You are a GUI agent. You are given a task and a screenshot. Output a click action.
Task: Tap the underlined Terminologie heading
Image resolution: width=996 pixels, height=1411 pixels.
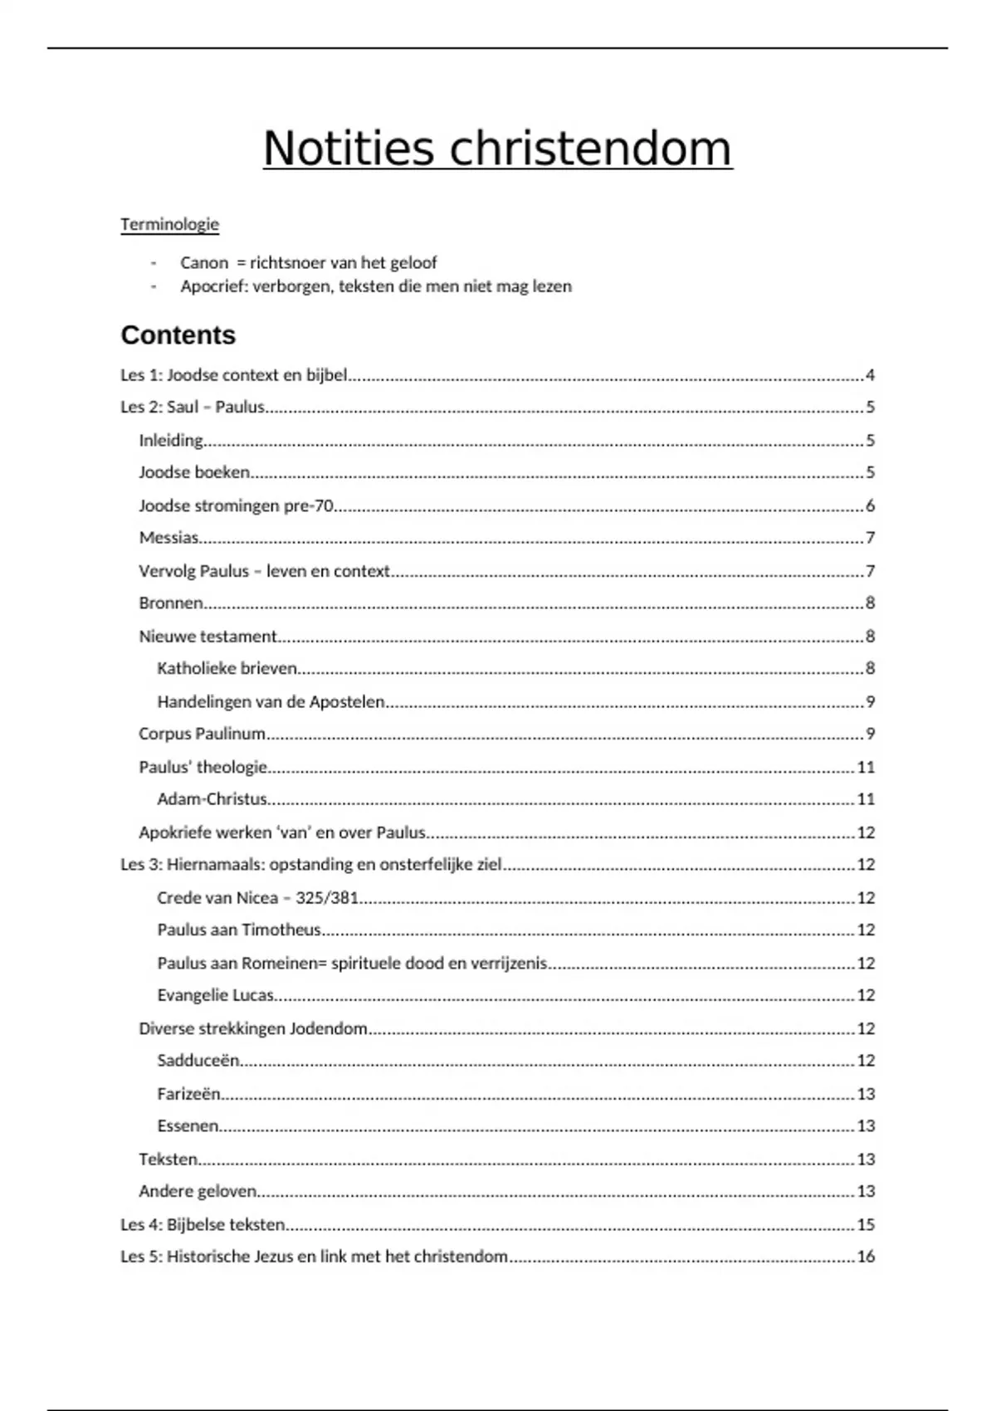pyautogui.click(x=169, y=224)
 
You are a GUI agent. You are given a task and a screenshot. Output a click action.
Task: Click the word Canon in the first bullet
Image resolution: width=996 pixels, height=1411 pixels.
pyautogui.click(x=203, y=263)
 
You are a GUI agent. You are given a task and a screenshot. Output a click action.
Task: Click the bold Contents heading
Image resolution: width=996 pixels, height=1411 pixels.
pyautogui.click(x=178, y=335)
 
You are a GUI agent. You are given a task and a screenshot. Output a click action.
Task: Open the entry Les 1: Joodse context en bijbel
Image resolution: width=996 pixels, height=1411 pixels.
pyautogui.click(x=233, y=375)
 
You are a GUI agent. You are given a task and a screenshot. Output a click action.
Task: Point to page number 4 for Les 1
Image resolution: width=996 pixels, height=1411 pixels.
pyautogui.click(x=870, y=375)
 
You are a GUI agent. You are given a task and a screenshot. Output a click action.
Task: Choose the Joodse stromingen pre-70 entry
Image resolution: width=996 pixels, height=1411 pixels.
pyautogui.click(x=236, y=505)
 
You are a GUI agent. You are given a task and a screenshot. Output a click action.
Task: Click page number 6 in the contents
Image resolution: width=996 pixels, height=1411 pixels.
pyautogui.click(x=870, y=505)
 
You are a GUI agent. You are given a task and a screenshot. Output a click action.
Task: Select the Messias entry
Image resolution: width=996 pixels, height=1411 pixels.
pyautogui.click(x=168, y=538)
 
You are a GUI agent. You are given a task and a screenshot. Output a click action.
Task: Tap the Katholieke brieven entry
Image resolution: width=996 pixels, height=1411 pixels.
pyautogui.click(x=227, y=668)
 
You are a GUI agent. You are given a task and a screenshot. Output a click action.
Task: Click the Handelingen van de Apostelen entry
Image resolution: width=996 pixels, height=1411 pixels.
pyautogui.click(x=271, y=701)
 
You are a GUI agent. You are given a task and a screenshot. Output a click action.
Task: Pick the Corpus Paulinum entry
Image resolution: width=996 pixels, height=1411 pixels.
pyautogui.click(x=202, y=734)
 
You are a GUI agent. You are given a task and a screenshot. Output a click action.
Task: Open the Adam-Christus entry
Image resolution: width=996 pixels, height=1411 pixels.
pyautogui.click(x=212, y=799)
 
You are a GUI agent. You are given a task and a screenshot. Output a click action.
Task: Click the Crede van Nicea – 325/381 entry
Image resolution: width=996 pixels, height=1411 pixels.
pyautogui.click(x=257, y=898)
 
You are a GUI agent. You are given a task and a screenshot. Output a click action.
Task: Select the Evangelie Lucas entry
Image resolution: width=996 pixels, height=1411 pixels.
pyautogui.click(x=215, y=995)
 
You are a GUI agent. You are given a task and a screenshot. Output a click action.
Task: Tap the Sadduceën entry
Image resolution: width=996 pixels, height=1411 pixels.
pyautogui.click(x=198, y=1061)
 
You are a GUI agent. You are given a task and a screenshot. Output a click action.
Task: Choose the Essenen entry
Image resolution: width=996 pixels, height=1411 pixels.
pyautogui.click(x=188, y=1126)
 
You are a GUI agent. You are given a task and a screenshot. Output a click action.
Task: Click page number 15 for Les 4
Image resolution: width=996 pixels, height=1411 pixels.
pyautogui.click(x=866, y=1224)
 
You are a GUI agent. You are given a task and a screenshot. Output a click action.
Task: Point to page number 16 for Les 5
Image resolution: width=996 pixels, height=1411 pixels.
pyautogui.click(x=866, y=1257)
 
